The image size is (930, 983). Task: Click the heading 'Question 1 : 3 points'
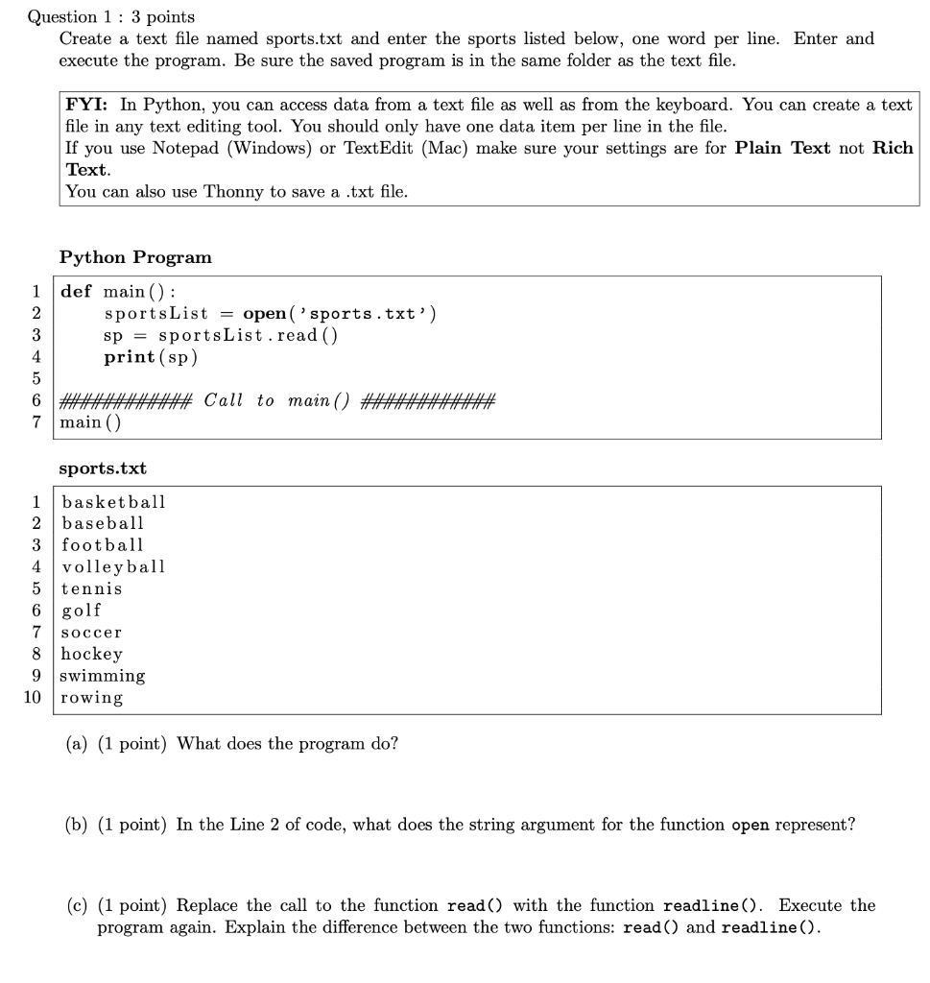[110, 16]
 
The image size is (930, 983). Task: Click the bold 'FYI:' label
[88, 105]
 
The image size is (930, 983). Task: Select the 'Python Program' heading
[135, 257]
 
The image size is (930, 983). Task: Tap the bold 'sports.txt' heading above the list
[103, 468]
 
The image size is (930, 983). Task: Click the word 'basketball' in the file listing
[113, 502]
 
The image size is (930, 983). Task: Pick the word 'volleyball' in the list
[113, 566]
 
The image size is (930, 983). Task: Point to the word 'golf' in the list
[82, 611]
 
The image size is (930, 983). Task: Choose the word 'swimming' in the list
[103, 676]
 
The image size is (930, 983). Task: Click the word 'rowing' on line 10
[92, 698]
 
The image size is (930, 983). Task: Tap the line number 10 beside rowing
[33, 698]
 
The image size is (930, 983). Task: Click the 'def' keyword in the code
[76, 292]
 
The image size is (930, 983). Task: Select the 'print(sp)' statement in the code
[151, 357]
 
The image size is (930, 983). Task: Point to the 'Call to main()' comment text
[277, 400]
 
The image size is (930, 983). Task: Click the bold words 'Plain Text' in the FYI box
[782, 149]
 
